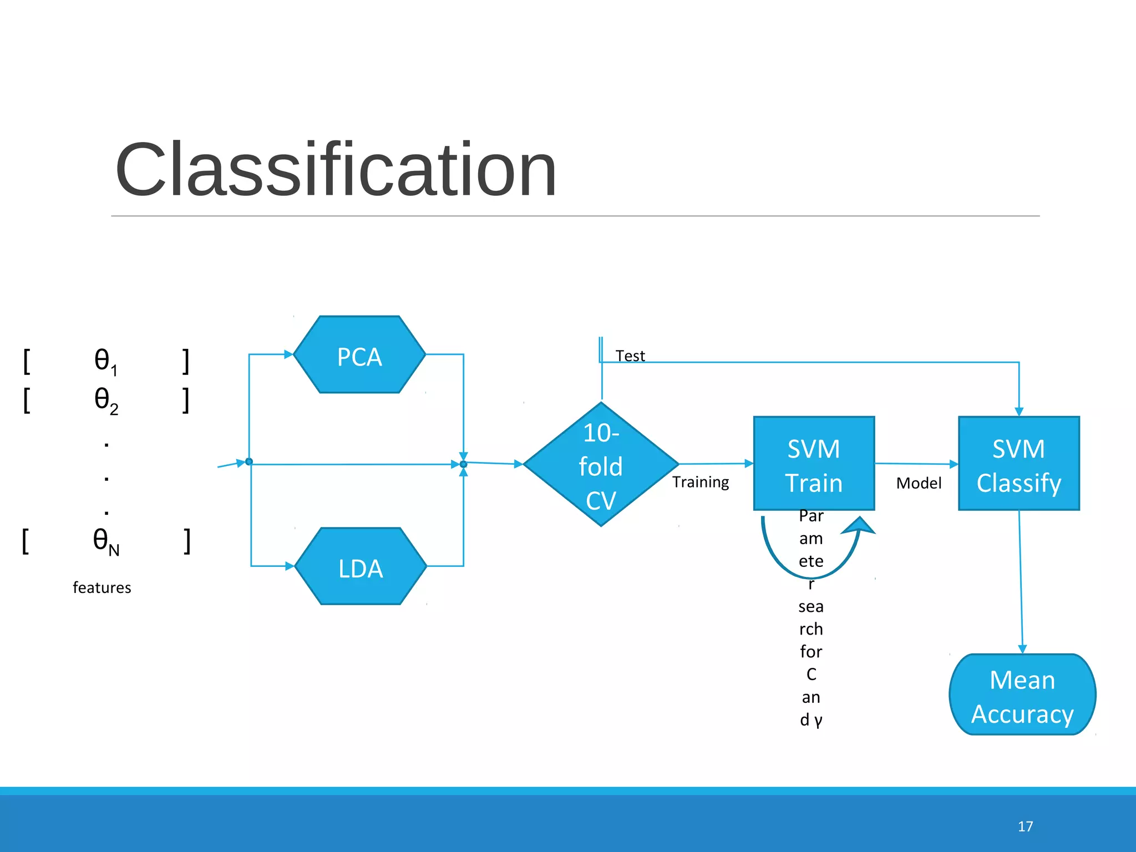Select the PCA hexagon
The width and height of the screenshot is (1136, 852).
[359, 355]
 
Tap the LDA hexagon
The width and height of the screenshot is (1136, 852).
[361, 567]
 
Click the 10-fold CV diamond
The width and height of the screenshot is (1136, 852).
[601, 465]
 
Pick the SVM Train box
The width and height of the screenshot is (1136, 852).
[814, 464]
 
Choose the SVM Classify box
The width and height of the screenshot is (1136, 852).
[1019, 464]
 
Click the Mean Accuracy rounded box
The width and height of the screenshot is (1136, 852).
[1022, 695]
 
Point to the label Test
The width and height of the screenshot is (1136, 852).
[630, 356]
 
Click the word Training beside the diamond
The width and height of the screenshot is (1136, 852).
[701, 481]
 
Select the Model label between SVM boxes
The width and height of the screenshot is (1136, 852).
[919, 483]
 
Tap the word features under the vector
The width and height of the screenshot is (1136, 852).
[102, 587]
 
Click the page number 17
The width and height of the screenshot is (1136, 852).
[1025, 826]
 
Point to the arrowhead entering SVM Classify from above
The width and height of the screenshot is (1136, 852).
[1019, 412]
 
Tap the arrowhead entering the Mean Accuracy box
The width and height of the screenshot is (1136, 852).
[1022, 650]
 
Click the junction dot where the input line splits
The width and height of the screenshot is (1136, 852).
[249, 461]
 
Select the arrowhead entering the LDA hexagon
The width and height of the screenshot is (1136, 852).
[290, 566]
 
